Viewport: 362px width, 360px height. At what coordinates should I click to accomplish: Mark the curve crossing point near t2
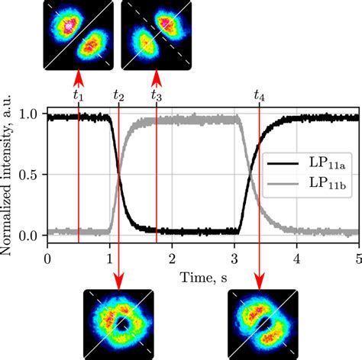coord(118,176)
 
